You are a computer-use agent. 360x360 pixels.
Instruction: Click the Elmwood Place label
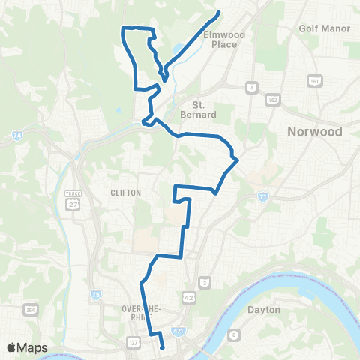[x=218, y=39]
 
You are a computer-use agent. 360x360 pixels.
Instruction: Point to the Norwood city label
[x=315, y=132]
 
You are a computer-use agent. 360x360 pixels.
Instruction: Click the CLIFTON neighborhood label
[x=125, y=193]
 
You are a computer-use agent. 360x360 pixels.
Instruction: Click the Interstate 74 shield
[x=16, y=136]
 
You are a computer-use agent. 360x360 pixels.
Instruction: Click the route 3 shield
[x=205, y=282]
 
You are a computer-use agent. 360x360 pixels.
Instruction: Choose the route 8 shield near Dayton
[x=234, y=334]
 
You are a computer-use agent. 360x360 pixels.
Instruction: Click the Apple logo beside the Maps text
[x=12, y=347]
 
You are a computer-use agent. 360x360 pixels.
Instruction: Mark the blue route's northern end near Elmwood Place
[x=218, y=12]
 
